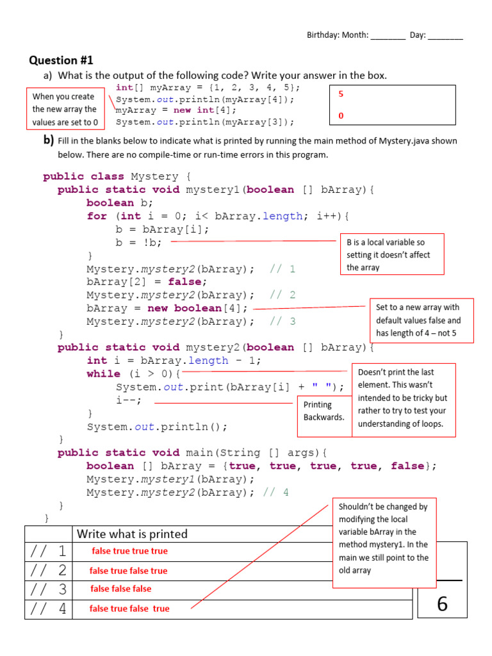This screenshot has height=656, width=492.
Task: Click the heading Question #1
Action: point(61,60)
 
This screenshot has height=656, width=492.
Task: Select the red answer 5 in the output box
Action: point(341,94)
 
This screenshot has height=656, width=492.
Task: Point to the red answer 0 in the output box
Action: point(341,116)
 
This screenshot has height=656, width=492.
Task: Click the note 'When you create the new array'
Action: point(65,109)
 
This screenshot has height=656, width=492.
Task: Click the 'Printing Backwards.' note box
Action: point(324,411)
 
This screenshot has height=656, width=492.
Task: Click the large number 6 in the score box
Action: point(442,604)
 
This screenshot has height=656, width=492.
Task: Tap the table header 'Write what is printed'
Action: point(132,534)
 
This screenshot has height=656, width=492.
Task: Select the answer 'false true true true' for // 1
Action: point(130,551)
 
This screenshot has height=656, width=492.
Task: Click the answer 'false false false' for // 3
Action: point(121,589)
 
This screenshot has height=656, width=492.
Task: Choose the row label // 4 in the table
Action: point(49,609)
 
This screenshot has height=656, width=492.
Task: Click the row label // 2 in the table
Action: point(49,570)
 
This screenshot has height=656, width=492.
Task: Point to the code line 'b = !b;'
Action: point(138,243)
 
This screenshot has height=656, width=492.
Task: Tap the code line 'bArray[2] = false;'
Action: point(147,282)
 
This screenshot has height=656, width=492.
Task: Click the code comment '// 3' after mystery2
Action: point(283,322)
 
